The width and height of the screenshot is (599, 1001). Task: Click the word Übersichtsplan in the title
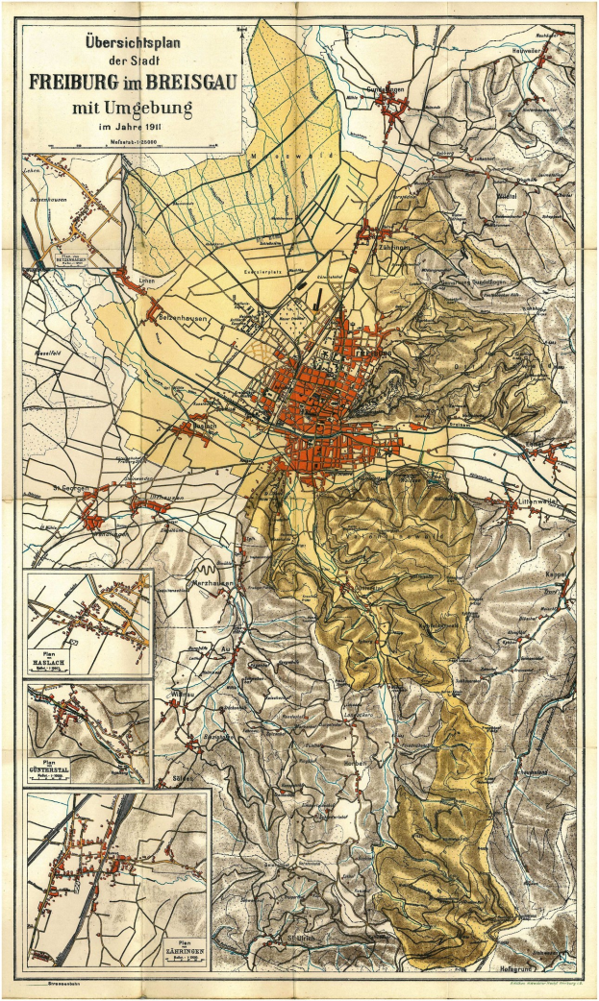[131, 44]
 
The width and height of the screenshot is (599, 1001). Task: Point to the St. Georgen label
[71, 488]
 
